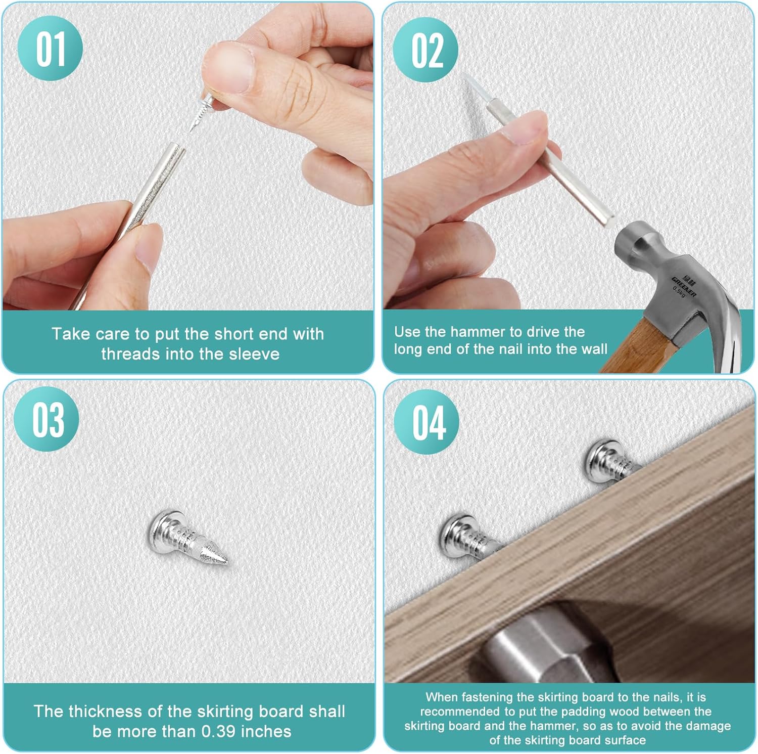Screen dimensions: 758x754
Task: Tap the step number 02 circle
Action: (425, 50)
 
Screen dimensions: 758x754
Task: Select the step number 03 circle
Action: (46, 419)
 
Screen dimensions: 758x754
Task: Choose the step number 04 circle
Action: (427, 421)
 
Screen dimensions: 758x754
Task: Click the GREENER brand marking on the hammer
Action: (684, 286)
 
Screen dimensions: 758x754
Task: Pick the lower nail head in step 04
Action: (455, 535)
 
